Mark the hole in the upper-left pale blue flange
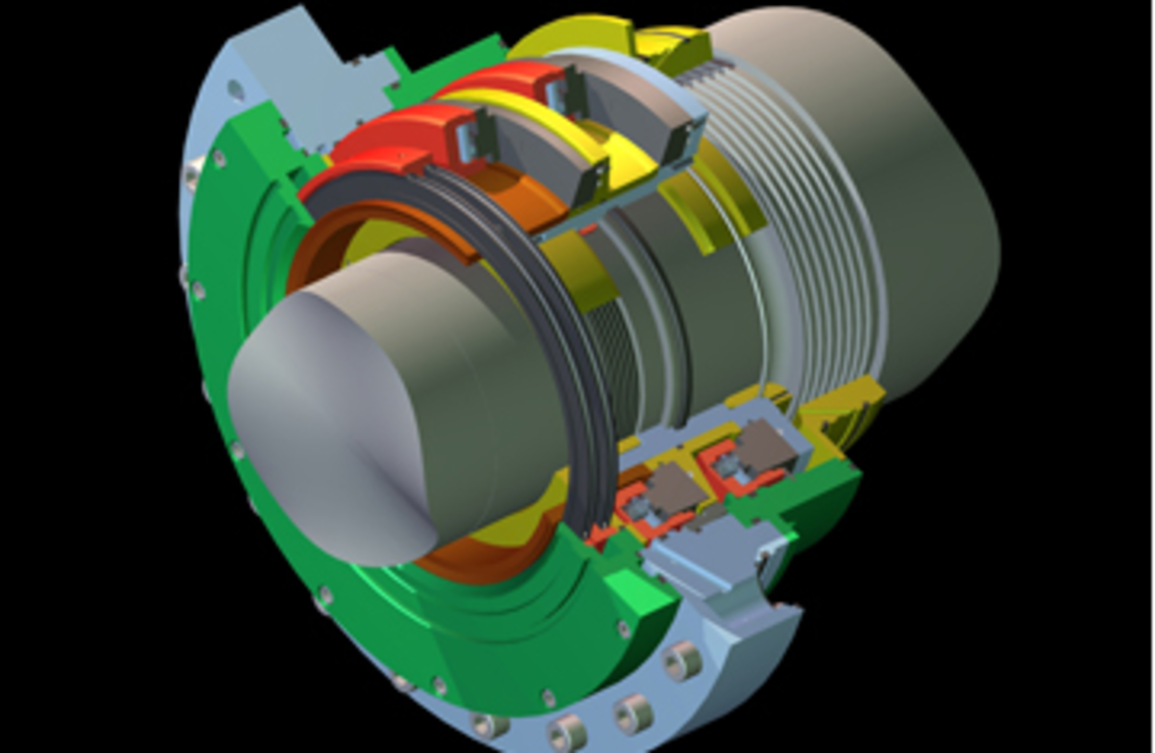click(x=235, y=90)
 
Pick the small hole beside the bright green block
click(x=625, y=630)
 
